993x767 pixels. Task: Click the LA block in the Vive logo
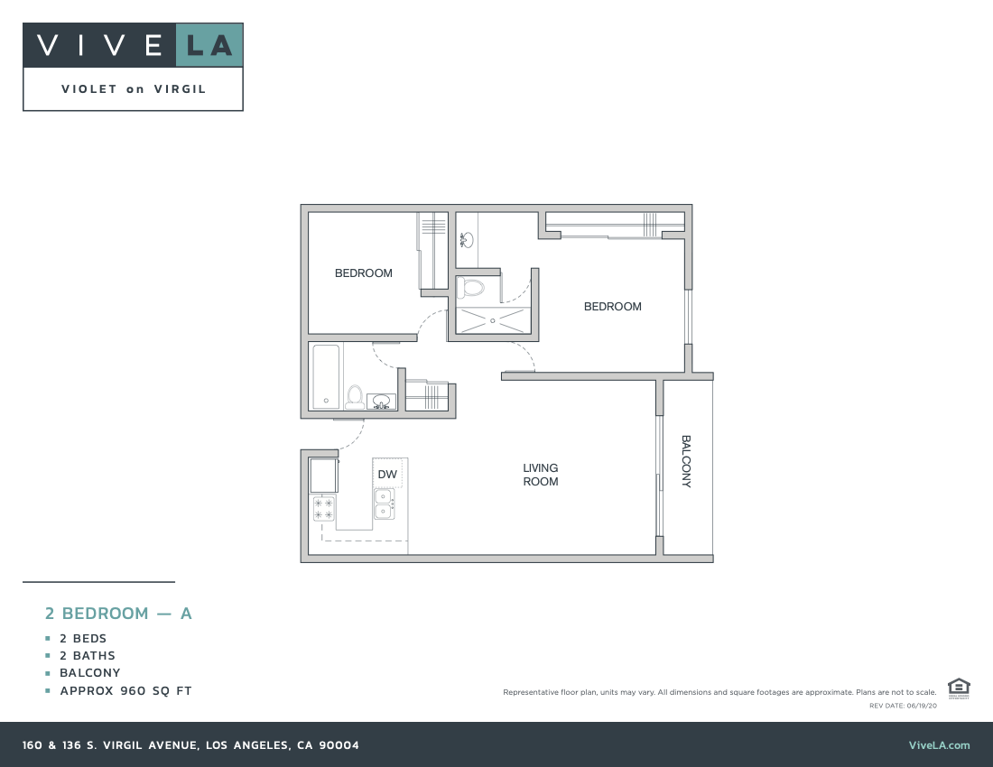coord(209,45)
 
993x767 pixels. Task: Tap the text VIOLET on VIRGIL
coord(134,89)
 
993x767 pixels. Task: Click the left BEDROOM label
coord(364,273)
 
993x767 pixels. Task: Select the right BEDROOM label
coord(613,307)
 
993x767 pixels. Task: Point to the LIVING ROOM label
coord(541,475)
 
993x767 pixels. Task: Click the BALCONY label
coord(686,461)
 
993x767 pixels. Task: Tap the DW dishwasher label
coord(387,474)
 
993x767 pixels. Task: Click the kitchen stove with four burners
coord(324,509)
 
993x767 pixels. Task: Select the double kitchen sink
coord(385,504)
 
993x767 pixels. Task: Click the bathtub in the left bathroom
coord(325,375)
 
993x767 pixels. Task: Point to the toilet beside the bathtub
coord(355,397)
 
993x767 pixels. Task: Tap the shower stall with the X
coord(492,320)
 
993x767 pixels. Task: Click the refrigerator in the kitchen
coord(323,474)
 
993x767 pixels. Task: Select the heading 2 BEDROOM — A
coord(119,614)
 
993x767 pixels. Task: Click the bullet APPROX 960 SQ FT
coord(125,691)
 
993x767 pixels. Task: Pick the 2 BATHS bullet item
coord(88,656)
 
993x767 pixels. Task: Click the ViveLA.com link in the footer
coord(939,745)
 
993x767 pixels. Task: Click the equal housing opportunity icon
coord(959,688)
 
